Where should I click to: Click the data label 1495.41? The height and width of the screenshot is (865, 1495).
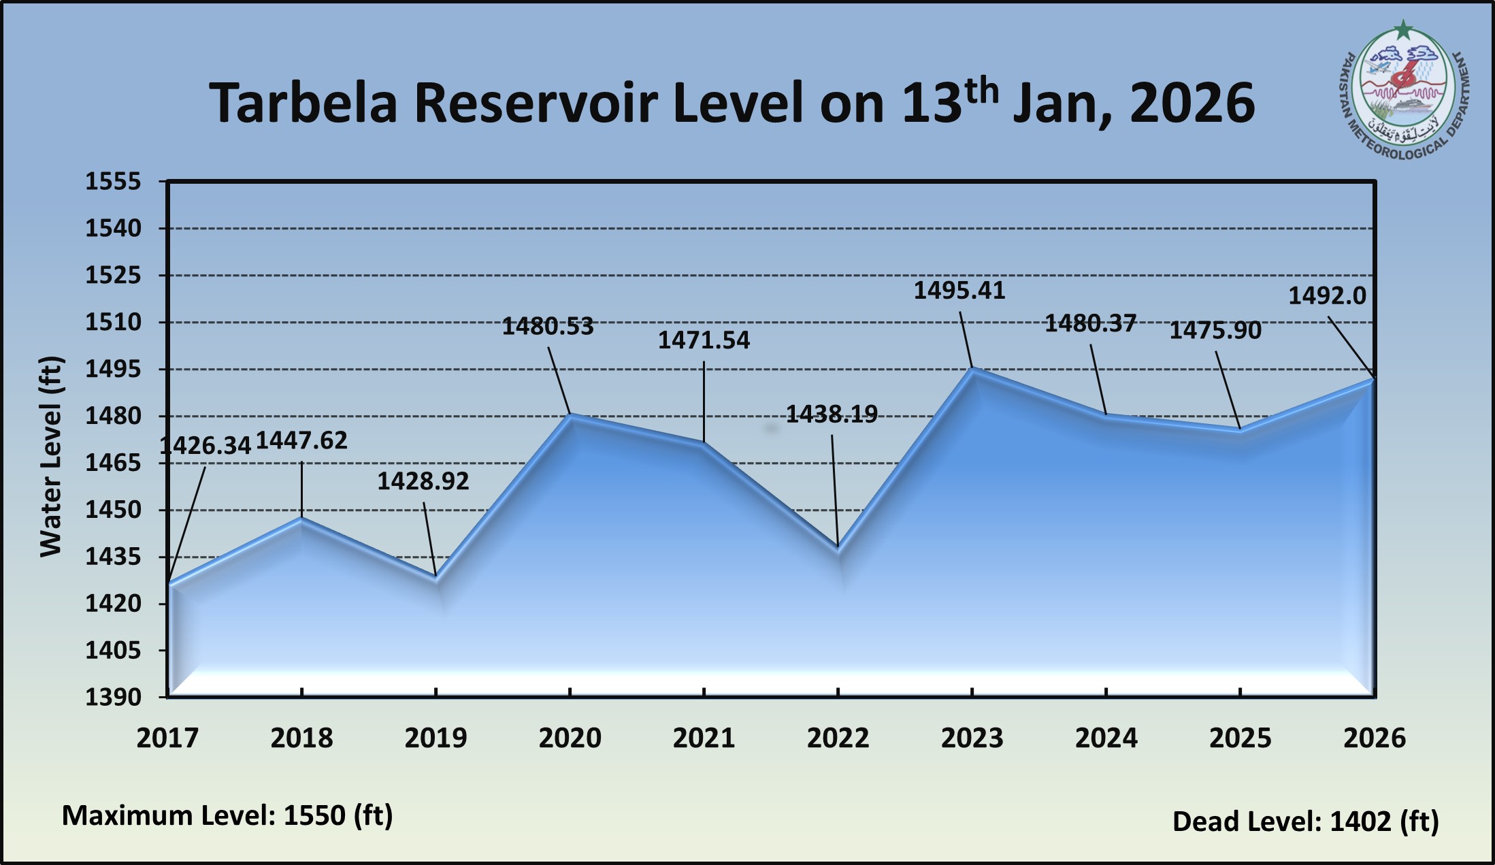(x=959, y=291)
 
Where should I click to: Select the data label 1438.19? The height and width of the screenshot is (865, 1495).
(x=832, y=414)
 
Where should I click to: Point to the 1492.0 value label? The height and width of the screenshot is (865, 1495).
(x=1327, y=296)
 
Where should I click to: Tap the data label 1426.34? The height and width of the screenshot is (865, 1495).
(x=206, y=446)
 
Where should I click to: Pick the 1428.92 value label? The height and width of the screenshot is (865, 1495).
(x=423, y=481)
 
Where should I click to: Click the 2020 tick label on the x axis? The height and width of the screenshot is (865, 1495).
(x=570, y=738)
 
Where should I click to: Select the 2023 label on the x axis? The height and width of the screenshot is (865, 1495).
(x=972, y=738)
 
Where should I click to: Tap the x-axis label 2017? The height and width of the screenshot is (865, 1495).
(x=167, y=738)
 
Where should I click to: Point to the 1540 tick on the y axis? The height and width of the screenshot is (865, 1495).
(x=113, y=228)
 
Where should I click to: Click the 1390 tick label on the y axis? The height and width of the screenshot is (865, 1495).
(x=113, y=697)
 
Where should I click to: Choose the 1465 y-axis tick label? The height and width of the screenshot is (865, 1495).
(x=113, y=463)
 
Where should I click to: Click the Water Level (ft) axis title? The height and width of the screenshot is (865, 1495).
(x=51, y=456)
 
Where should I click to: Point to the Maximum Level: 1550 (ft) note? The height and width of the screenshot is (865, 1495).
(x=227, y=815)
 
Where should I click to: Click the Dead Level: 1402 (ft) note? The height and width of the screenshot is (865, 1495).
(x=1305, y=821)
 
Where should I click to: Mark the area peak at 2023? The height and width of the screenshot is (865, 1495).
(x=972, y=369)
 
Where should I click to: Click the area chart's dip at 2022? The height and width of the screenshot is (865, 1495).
(x=838, y=547)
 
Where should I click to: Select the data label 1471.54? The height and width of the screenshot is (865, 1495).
(x=704, y=340)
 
